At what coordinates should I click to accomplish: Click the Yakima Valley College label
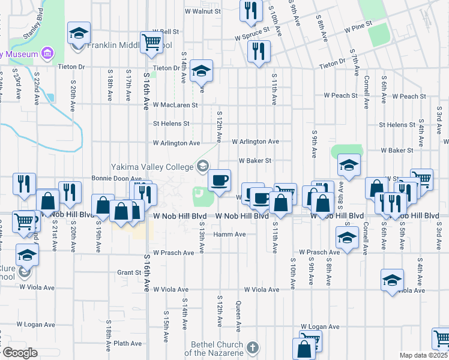point(153,166)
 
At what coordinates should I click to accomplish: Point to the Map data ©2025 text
point(424,355)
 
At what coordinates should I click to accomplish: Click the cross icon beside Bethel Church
point(253,347)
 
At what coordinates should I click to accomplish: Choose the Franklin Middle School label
point(130,45)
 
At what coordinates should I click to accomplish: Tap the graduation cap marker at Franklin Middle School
point(78,34)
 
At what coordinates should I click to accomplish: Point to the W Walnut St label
point(202,10)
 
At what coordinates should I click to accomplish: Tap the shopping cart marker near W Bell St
point(151,42)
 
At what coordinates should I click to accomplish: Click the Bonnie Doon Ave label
point(116,178)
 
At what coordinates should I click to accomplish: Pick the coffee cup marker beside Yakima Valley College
point(219,179)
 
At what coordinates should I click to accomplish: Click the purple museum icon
point(47,54)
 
